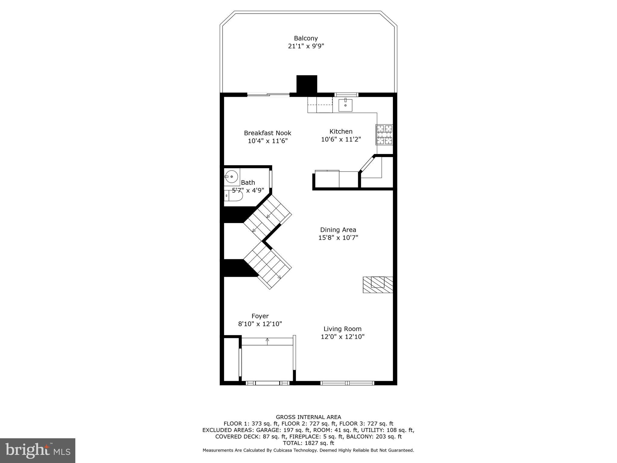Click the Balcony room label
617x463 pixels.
click(x=306, y=38)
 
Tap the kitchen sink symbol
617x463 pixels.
click(x=345, y=105)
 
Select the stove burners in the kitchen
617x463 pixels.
click(x=384, y=134)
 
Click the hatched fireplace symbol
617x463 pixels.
click(x=378, y=285)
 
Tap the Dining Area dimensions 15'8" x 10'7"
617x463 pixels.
click(x=338, y=238)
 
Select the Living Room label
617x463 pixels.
click(x=343, y=329)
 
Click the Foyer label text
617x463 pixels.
click(x=260, y=316)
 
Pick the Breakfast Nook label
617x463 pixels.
click(x=268, y=133)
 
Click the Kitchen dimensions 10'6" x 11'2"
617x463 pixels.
click(x=341, y=140)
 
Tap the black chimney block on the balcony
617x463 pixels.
click(x=307, y=84)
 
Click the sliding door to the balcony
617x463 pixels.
click(x=268, y=95)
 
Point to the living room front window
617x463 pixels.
click(x=347, y=383)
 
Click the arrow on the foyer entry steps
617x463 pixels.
click(x=267, y=340)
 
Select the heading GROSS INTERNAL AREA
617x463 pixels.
click(x=308, y=417)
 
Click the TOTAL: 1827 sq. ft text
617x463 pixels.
click(x=308, y=443)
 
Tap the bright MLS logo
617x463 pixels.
click(x=38, y=450)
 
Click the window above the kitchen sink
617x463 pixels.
click(x=346, y=95)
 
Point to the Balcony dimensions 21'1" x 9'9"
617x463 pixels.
click(x=306, y=46)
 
